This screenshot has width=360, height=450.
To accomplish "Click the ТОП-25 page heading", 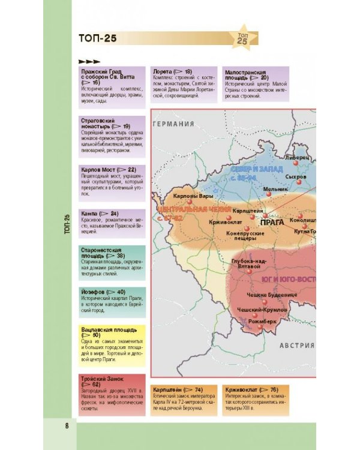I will point(97,39).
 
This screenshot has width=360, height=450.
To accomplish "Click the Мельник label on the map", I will point(276,188).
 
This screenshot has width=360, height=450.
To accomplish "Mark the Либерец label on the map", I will point(297,158).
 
